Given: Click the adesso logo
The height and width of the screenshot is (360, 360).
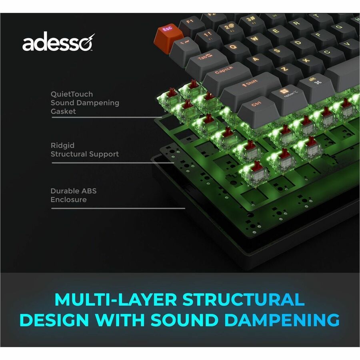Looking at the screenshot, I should [58, 43].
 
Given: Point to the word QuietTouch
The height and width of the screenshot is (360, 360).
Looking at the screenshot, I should [72, 94].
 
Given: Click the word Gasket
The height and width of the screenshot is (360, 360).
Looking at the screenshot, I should [63, 111].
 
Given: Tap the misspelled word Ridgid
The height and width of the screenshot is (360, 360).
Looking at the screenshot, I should [63, 146].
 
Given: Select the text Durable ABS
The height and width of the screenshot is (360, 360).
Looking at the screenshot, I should [73, 191].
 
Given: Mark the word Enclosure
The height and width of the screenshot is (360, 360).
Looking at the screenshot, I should [68, 200].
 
